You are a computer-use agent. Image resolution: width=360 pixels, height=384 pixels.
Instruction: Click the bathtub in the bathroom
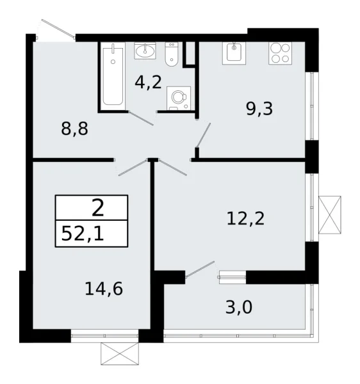(113, 74)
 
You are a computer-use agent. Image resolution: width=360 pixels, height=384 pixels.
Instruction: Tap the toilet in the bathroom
(171, 55)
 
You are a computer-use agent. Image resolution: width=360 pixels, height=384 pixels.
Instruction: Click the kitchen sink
(234, 52)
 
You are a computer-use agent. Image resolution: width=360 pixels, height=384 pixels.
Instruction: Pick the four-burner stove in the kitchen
(279, 52)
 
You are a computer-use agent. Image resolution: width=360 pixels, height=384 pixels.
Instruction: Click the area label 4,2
(147, 83)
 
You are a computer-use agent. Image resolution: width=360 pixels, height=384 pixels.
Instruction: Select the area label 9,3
(259, 109)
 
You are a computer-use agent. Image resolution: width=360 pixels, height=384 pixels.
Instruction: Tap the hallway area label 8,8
(74, 129)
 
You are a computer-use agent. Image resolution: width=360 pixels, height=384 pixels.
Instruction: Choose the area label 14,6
(103, 288)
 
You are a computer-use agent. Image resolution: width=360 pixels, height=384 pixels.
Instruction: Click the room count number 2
(98, 207)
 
